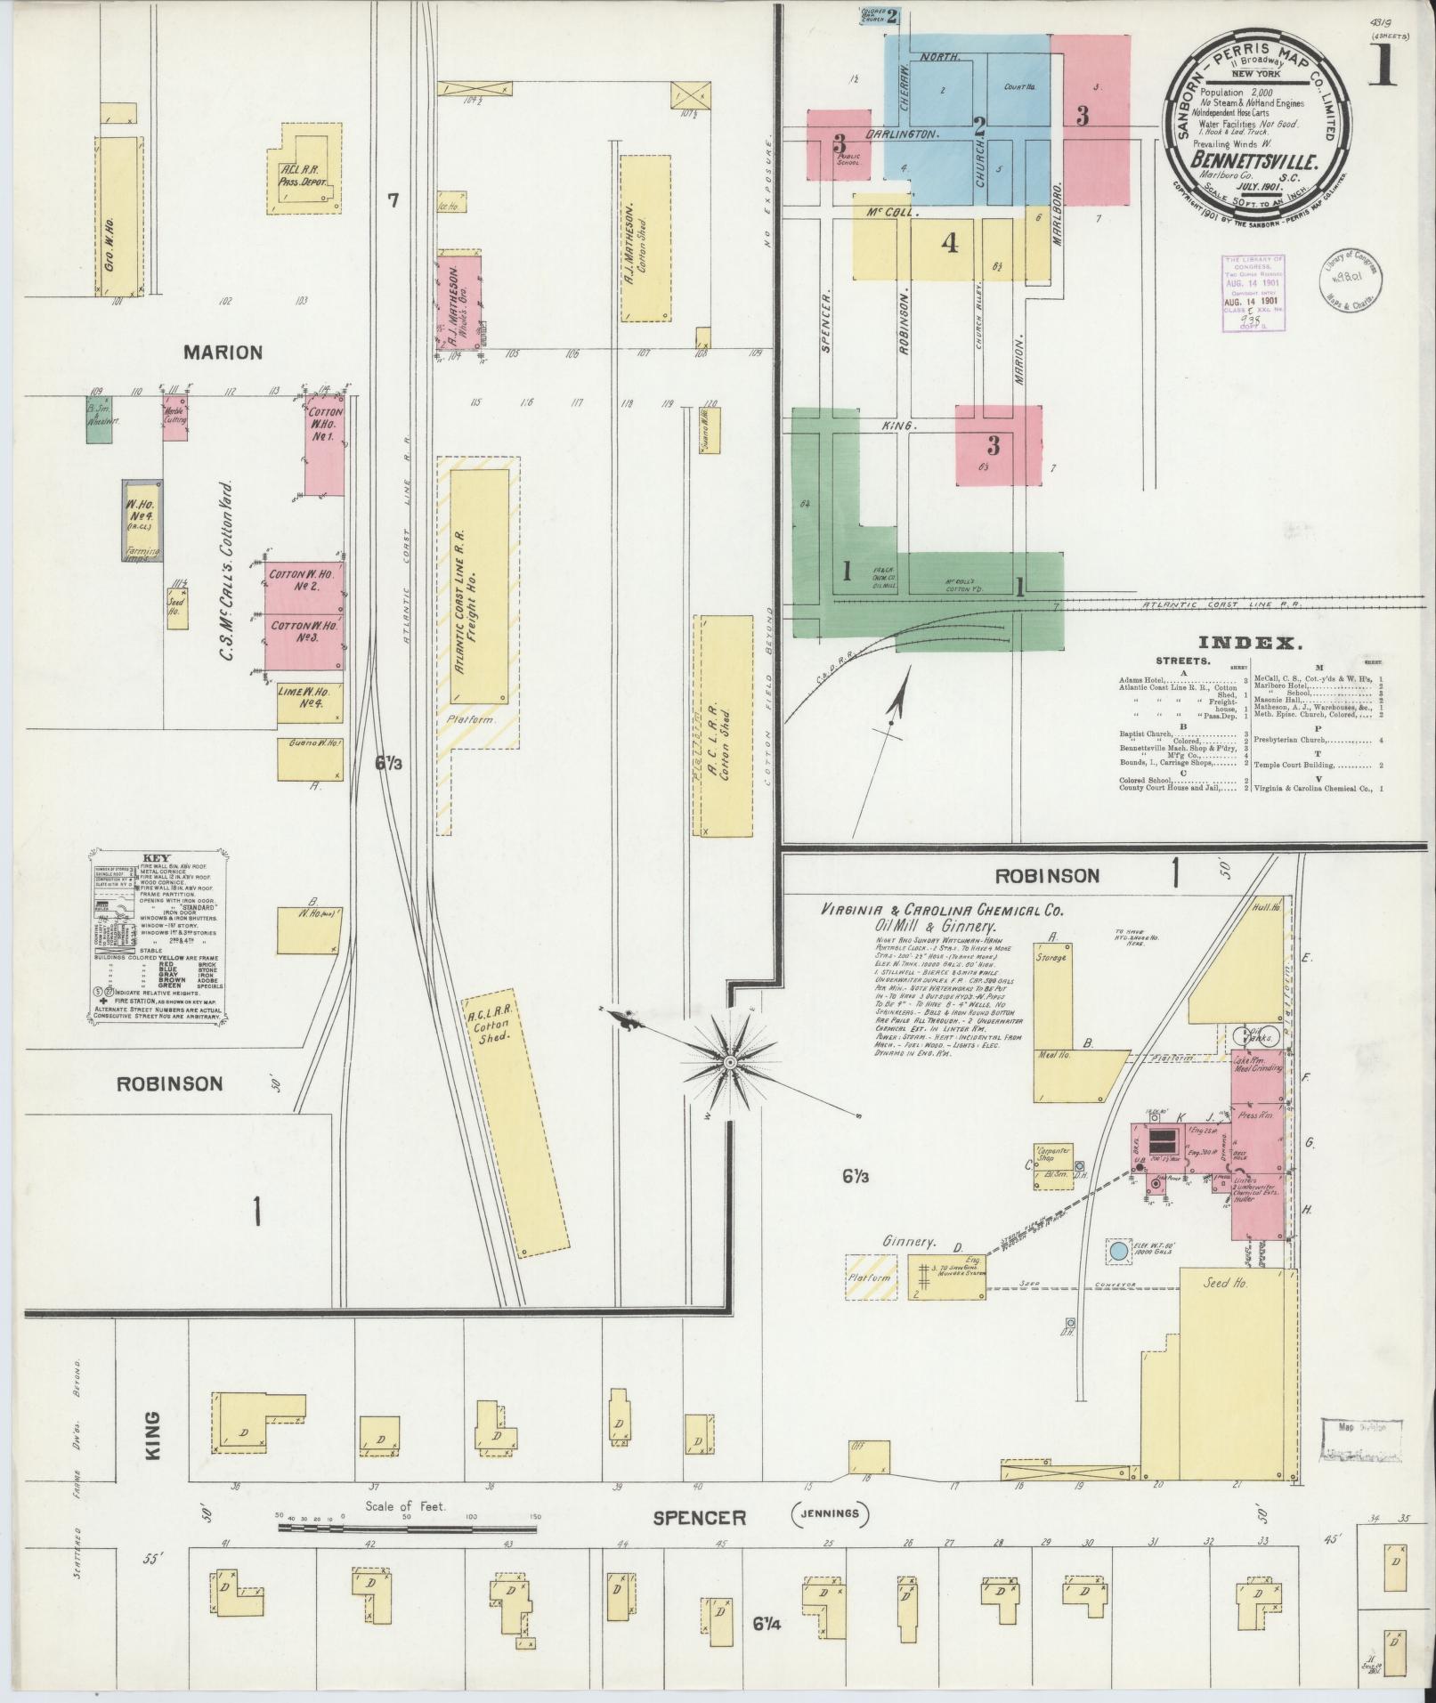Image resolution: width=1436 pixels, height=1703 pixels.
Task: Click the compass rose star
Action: click(729, 1062)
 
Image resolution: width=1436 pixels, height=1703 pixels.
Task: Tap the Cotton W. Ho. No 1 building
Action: click(323, 446)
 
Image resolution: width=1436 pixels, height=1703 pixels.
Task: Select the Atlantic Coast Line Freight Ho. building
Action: click(479, 585)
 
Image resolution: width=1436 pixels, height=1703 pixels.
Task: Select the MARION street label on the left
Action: click(223, 353)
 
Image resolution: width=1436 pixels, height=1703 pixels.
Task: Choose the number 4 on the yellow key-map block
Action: click(950, 242)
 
